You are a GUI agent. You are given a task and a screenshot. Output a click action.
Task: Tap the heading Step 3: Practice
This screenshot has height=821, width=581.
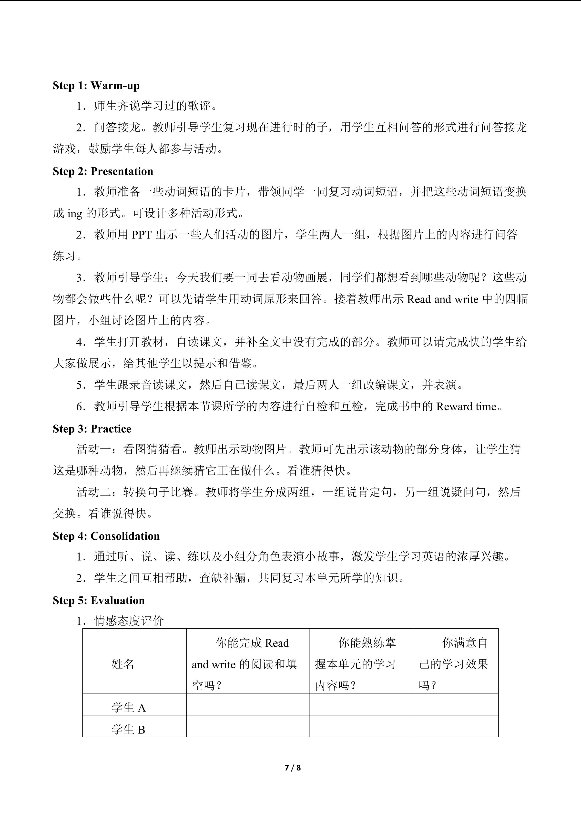92,429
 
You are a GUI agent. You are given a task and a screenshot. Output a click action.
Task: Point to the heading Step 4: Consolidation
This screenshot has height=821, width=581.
106,536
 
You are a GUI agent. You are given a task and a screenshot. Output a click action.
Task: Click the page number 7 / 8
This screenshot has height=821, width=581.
292,767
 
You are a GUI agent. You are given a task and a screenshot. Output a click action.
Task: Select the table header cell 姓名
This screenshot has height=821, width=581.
123,664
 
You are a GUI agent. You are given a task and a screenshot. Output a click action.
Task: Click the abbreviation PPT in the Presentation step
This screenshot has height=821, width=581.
142,235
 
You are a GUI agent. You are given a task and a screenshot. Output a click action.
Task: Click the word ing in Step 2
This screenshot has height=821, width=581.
74,213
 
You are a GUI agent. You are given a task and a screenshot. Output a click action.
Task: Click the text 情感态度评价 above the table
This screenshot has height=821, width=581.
129,621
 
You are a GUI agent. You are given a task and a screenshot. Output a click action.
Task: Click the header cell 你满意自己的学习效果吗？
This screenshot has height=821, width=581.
455,664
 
